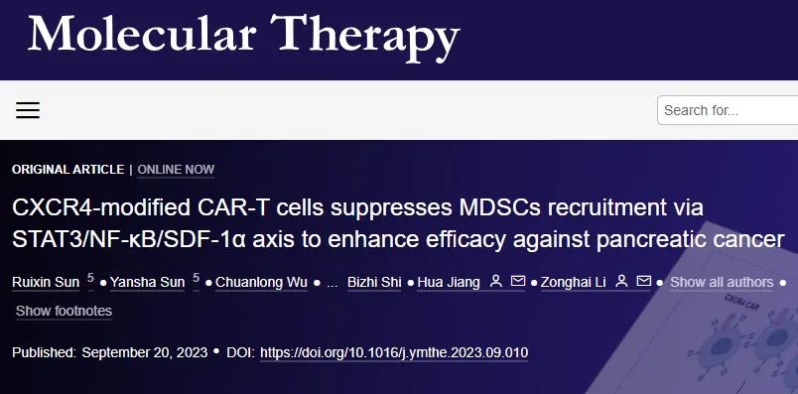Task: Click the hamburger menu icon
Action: click(28, 110)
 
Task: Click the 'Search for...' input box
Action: click(727, 110)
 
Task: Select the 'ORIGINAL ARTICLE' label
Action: click(68, 170)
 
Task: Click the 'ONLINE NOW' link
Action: click(176, 170)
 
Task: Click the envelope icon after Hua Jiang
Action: click(517, 283)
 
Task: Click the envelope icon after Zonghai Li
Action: click(644, 283)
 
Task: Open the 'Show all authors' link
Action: click(722, 283)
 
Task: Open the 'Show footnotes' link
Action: click(64, 312)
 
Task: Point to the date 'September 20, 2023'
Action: click(145, 352)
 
